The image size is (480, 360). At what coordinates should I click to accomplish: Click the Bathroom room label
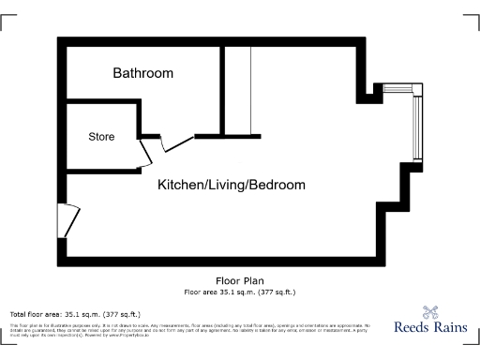(x=143, y=72)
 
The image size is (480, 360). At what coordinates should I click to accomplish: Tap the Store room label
(x=101, y=137)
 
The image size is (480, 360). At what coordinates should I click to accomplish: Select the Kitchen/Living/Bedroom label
(x=231, y=185)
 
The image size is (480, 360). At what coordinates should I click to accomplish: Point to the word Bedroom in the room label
(x=277, y=185)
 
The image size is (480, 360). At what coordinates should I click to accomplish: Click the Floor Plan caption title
(x=239, y=280)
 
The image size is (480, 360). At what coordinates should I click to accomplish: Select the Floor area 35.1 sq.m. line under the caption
(x=239, y=292)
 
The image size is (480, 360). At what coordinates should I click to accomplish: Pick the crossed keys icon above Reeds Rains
(x=431, y=313)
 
